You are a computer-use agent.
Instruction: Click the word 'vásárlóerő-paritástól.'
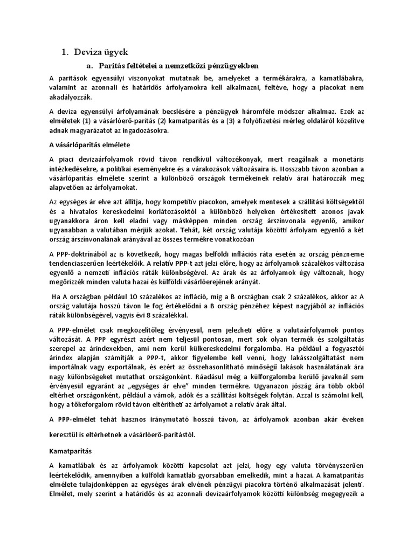157,433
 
